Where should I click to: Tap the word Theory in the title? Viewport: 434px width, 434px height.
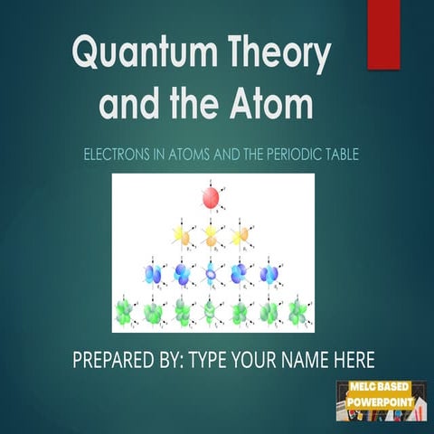click(276, 56)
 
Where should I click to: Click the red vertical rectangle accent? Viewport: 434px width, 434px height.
click(382, 33)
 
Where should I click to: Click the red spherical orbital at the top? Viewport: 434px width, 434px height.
click(211, 197)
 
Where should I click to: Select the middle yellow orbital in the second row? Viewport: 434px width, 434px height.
click(211, 236)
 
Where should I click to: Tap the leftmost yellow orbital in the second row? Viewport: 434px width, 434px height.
click(182, 236)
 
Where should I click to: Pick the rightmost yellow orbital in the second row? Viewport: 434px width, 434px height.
click(240, 236)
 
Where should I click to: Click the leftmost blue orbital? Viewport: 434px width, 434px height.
click(153, 273)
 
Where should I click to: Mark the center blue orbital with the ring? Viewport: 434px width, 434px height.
click(211, 273)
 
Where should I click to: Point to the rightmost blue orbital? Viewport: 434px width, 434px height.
click(269, 273)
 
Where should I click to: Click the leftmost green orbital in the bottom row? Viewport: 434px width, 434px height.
click(124, 312)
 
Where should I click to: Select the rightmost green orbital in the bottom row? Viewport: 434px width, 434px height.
click(297, 312)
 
